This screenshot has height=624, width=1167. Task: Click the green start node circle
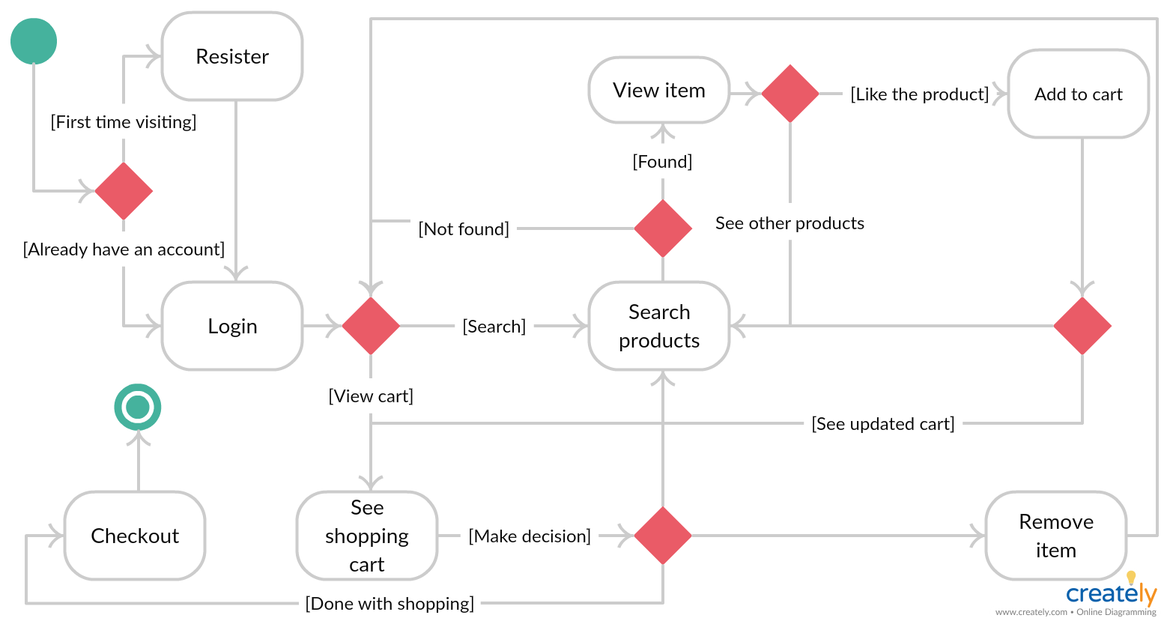[34, 41]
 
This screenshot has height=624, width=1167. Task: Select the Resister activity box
[232, 56]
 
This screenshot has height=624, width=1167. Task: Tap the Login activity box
[232, 326]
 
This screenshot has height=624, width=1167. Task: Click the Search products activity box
[659, 326]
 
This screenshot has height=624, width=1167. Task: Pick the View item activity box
[659, 90]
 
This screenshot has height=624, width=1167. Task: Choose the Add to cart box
[1078, 94]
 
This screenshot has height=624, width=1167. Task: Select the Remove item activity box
[1056, 536]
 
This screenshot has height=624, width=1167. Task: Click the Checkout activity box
[135, 536]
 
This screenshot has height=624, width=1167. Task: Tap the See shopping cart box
[367, 536]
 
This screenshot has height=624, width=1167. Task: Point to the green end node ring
[138, 407]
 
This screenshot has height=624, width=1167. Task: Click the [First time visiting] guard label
[124, 122]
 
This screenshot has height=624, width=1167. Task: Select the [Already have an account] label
[124, 249]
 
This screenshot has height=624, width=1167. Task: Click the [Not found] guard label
[464, 229]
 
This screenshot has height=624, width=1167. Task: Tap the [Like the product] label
[919, 94]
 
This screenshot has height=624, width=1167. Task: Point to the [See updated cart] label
[883, 424]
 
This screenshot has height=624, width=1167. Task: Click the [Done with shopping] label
[389, 604]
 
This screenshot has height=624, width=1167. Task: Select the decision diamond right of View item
[790, 94]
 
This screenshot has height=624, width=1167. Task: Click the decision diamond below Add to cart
[1082, 326]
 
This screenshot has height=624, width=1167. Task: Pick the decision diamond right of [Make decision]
[663, 536]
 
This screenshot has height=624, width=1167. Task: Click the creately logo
[1112, 593]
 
